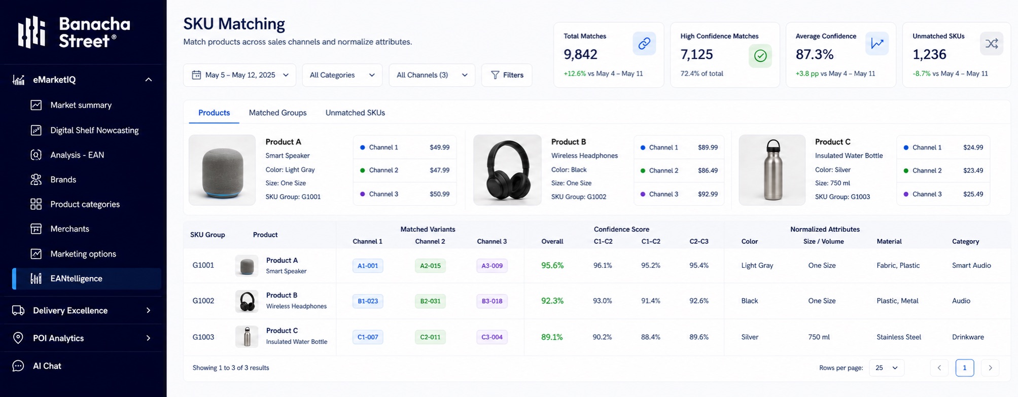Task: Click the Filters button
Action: tap(507, 75)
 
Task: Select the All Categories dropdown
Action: tap(342, 75)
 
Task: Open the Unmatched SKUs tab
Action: tap(355, 113)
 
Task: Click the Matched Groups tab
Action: tap(277, 113)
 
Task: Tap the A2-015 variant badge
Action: tap(430, 266)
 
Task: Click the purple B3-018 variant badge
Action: tap(492, 301)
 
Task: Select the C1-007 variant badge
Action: tap(368, 337)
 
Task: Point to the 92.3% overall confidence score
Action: tap(552, 301)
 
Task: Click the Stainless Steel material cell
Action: tap(899, 337)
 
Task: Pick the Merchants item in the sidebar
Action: tap(69, 229)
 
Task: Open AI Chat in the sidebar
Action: tap(47, 366)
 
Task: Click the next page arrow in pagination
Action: tap(990, 368)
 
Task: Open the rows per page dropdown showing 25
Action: tap(886, 368)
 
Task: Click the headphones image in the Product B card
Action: tap(507, 170)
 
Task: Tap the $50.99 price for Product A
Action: tap(439, 194)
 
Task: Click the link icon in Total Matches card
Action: tap(644, 44)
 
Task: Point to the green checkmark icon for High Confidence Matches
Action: tap(760, 56)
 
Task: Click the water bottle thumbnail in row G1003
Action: tap(247, 337)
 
